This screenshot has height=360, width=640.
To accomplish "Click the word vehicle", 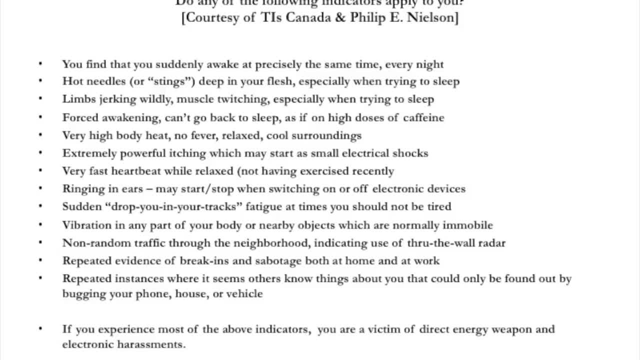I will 244,294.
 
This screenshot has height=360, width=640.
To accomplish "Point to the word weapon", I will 512,329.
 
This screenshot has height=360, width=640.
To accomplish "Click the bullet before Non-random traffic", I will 41,243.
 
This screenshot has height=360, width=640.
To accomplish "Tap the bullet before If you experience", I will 41,329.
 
